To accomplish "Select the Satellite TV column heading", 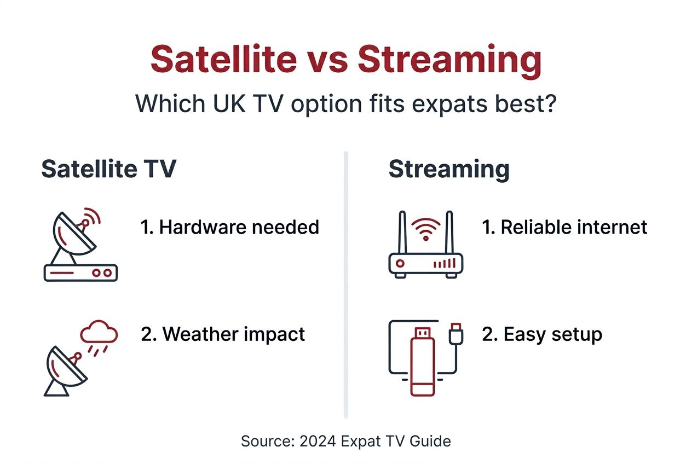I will click(x=108, y=169).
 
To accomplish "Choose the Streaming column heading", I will click(x=448, y=169).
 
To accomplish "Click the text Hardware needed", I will click(x=230, y=227).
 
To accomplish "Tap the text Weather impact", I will click(x=223, y=334).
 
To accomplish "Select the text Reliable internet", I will click(x=564, y=227).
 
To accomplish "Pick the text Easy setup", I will click(x=542, y=334).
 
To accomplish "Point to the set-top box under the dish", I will click(x=80, y=272).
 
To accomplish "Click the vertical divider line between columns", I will click(x=345, y=285).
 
